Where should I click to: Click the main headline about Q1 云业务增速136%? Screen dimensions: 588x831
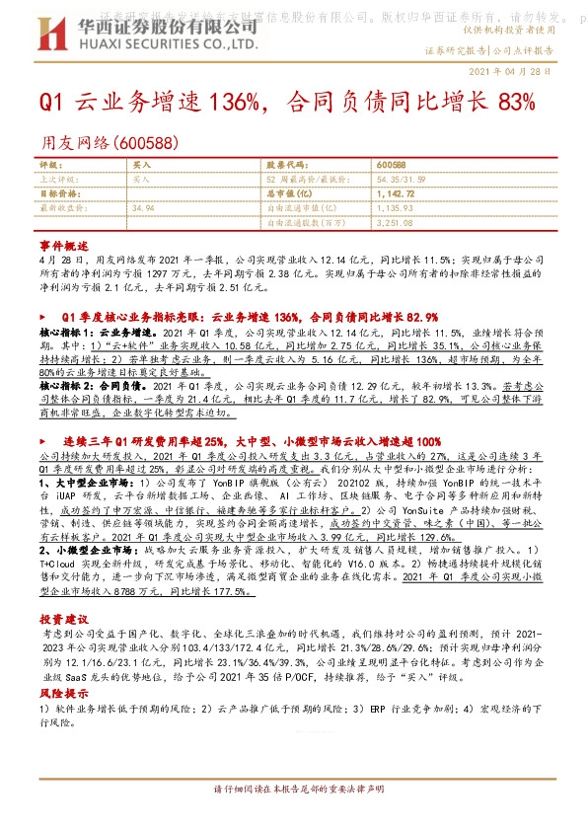pos(287,104)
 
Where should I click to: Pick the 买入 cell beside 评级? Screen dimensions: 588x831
pos(141,164)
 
